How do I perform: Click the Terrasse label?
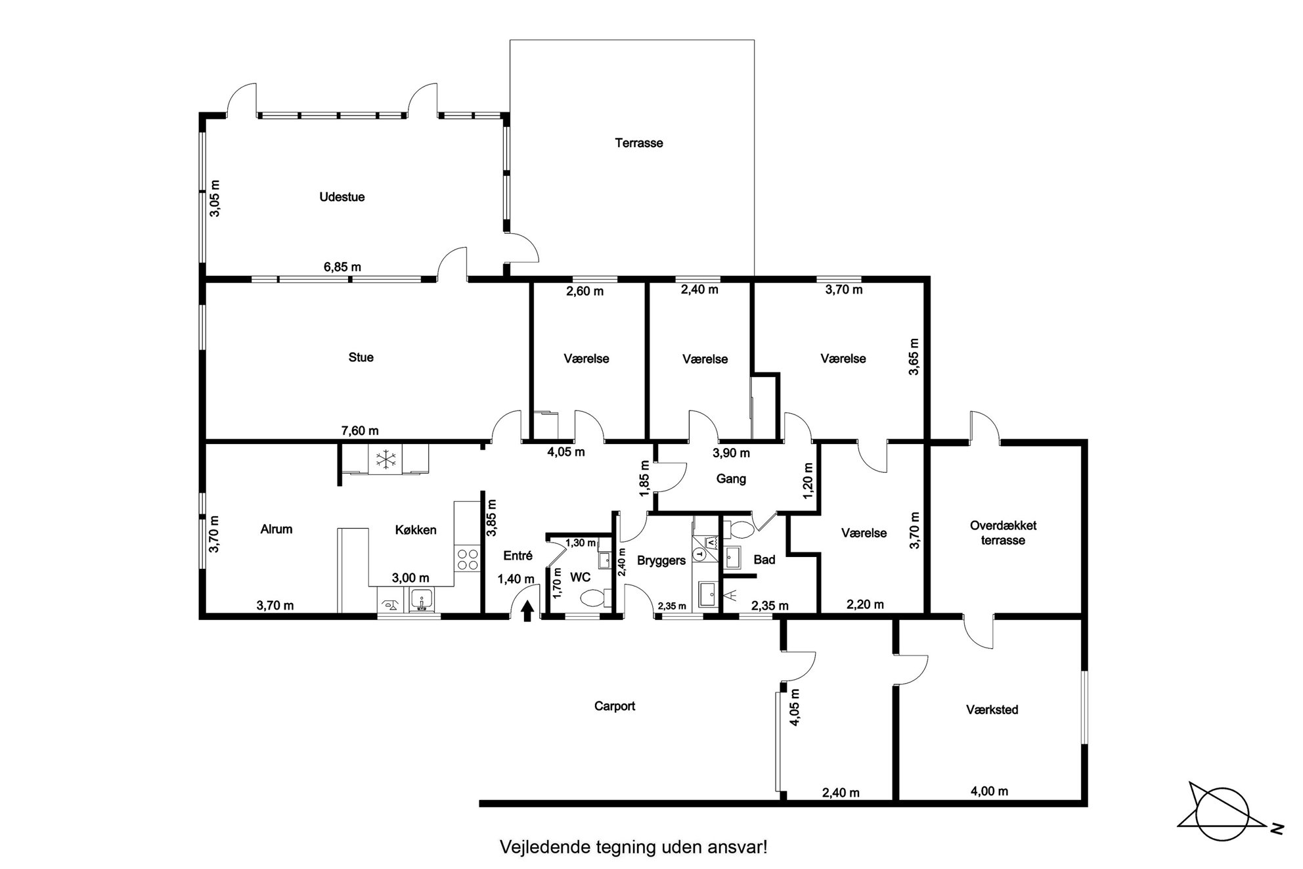point(638,143)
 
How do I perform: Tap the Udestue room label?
point(342,196)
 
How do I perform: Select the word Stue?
point(361,357)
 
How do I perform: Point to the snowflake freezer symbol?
point(386,458)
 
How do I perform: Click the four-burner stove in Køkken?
point(467,558)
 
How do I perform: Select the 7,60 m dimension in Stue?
point(360,431)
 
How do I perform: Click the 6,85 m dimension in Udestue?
point(342,267)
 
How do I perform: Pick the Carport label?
point(615,706)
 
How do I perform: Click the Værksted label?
point(992,709)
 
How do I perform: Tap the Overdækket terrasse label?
point(1003,533)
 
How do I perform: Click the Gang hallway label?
point(731,479)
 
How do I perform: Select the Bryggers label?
point(661,560)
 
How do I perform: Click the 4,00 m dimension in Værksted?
point(989,791)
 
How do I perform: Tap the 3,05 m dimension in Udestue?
point(215,198)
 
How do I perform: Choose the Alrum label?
point(276,529)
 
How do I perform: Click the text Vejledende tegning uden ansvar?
point(634,847)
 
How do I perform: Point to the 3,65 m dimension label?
point(914,357)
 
